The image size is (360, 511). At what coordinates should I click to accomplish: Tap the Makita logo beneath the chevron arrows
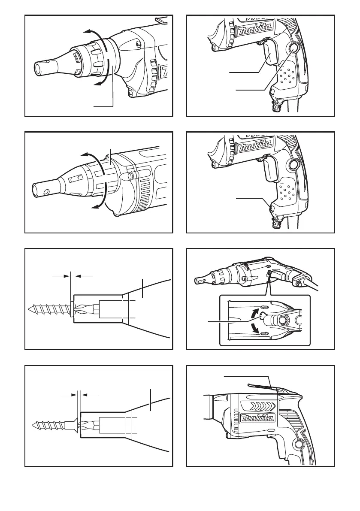click(257, 418)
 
